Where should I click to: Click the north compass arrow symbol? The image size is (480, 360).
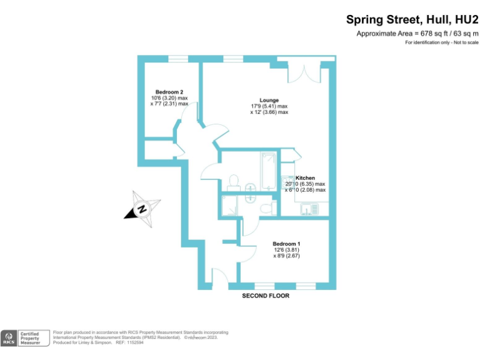(142, 209)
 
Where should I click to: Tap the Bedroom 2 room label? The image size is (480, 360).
(169, 92)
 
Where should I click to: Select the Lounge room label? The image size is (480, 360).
(269, 100)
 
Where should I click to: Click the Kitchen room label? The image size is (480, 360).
(305, 178)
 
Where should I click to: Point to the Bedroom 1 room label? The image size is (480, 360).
(286, 244)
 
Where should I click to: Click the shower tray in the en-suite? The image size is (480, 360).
(230, 206)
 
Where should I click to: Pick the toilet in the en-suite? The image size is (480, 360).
(267, 206)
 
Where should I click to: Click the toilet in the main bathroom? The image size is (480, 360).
(234, 181)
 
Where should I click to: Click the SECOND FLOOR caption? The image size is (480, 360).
(266, 296)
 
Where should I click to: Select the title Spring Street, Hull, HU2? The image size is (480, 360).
(412, 20)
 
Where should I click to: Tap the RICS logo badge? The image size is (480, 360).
(9, 338)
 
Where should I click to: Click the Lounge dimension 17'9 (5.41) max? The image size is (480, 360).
(269, 106)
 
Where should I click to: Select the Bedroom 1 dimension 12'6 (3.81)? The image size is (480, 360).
(286, 250)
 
